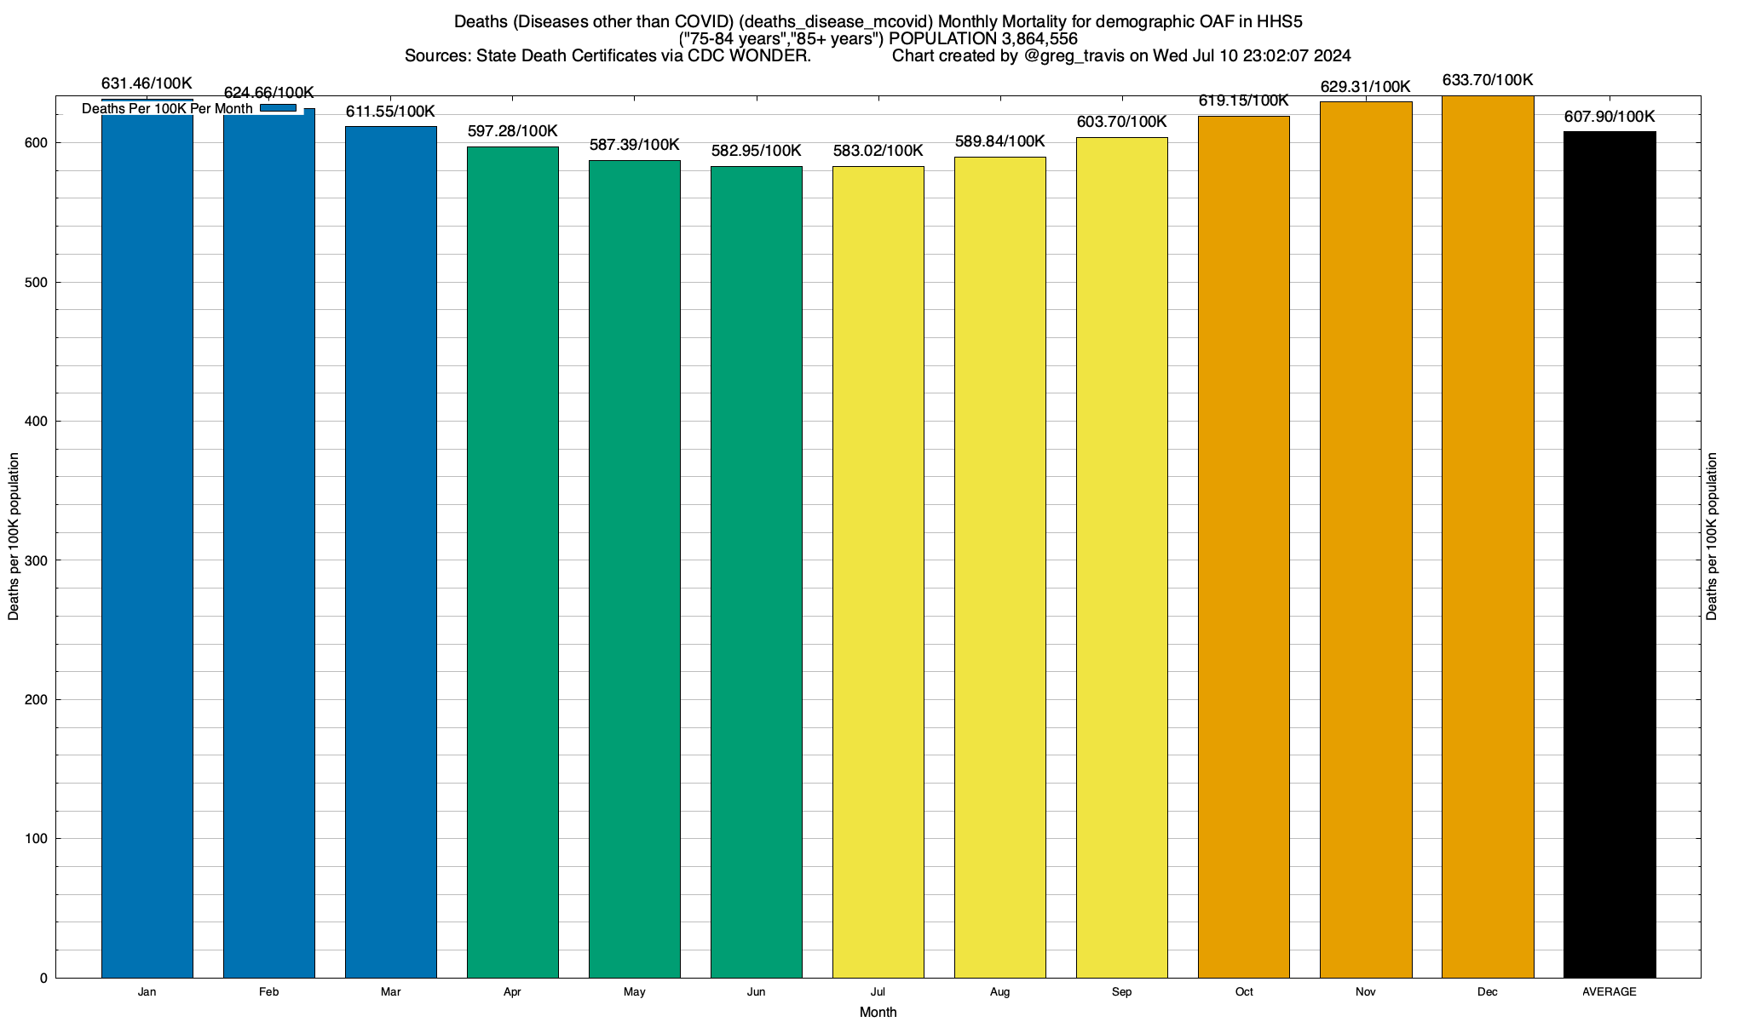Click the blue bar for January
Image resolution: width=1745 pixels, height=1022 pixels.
click(147, 545)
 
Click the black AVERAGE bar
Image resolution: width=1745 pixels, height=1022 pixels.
click(1610, 554)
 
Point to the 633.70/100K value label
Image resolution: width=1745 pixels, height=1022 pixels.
click(1488, 81)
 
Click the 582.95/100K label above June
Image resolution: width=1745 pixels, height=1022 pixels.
click(756, 151)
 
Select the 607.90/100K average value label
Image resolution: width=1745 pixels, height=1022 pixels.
click(1610, 117)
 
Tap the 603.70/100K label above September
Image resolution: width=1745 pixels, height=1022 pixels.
click(1121, 122)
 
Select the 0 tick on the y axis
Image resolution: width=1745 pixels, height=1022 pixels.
click(43, 979)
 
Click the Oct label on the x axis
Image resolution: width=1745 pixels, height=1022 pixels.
click(1244, 992)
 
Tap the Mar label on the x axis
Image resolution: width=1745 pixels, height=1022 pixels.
click(391, 992)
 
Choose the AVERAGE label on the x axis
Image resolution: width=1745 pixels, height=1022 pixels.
click(1610, 992)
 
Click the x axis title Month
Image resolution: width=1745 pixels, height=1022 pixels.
click(878, 1013)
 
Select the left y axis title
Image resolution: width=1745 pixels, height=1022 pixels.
click(14, 537)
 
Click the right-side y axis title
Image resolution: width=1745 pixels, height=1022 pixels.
click(1712, 537)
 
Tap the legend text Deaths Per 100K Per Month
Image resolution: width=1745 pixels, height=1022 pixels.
click(167, 109)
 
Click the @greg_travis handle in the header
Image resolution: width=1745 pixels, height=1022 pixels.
click(1074, 56)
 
